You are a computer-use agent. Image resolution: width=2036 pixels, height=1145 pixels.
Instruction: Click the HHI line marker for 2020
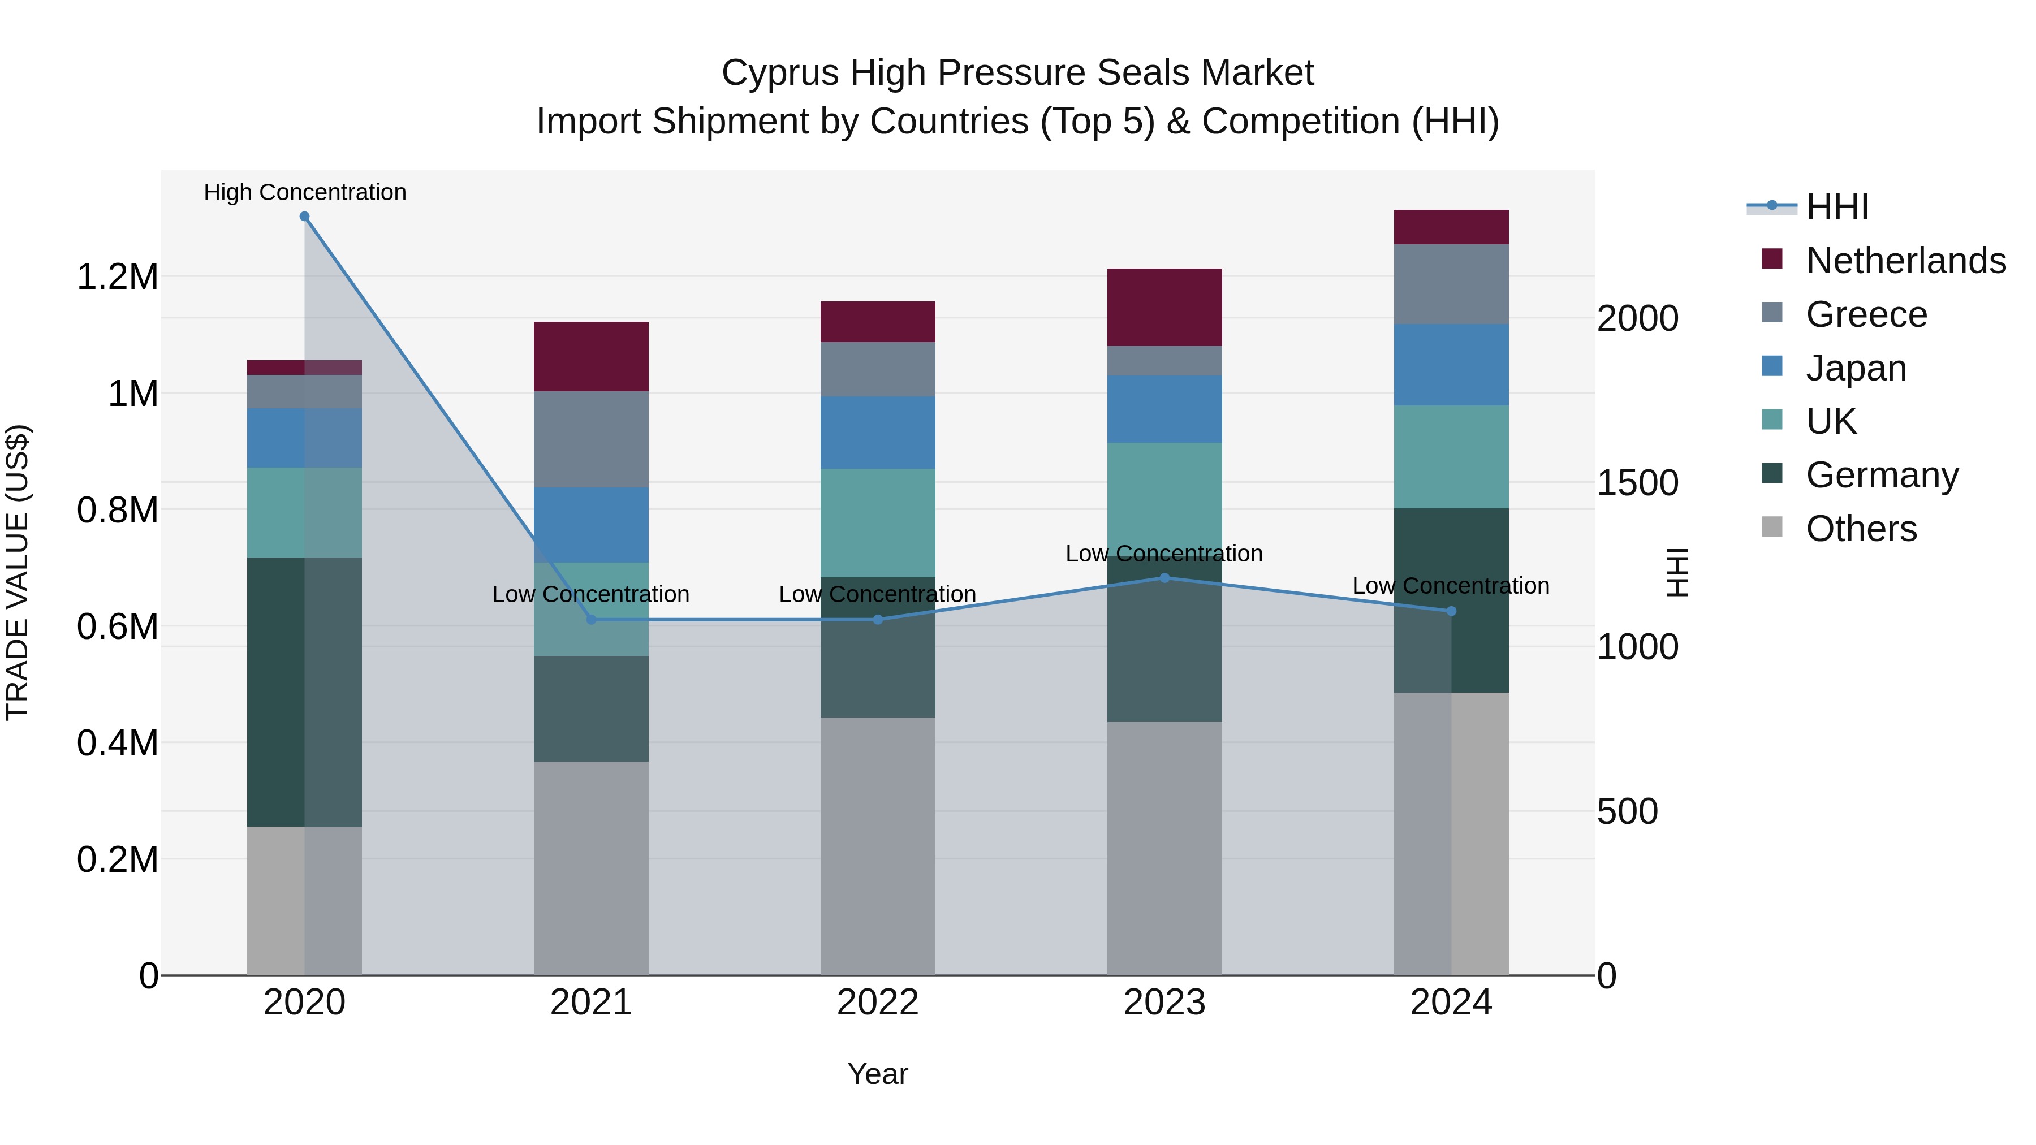pyautogui.click(x=304, y=217)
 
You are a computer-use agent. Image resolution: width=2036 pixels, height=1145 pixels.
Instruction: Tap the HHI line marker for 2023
pyautogui.click(x=1164, y=578)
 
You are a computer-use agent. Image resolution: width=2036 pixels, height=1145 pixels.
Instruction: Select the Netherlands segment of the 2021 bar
pyautogui.click(x=591, y=356)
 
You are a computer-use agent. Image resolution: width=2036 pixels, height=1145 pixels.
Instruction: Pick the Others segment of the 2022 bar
pyautogui.click(x=877, y=845)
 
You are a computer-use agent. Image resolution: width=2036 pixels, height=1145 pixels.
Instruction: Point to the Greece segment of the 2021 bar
pyautogui.click(x=591, y=439)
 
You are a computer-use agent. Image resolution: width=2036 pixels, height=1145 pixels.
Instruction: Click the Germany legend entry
pyautogui.click(x=1881, y=475)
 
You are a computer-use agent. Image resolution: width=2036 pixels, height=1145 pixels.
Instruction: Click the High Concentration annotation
pyautogui.click(x=304, y=193)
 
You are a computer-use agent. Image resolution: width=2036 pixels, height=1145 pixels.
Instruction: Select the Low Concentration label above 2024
pyautogui.click(x=1450, y=586)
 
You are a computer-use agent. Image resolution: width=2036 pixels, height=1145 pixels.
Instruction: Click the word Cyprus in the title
pyautogui.click(x=779, y=74)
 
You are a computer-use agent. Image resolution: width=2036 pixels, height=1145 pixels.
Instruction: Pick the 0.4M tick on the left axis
pyautogui.click(x=117, y=744)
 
